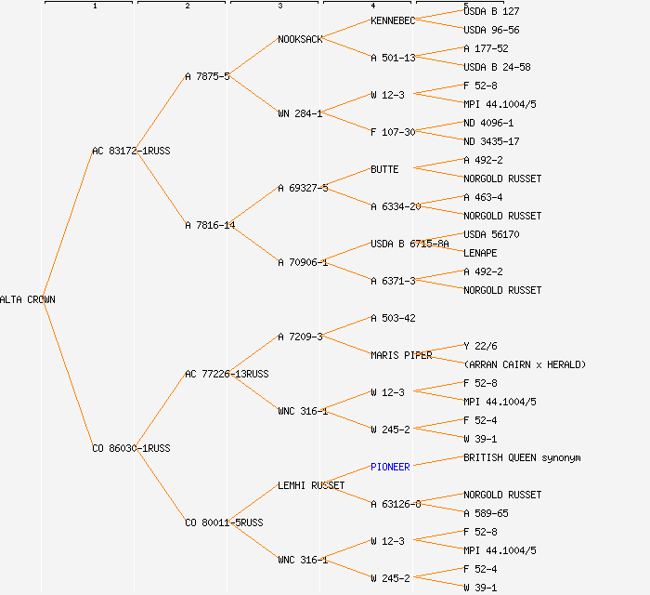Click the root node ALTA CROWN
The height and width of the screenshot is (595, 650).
(28, 299)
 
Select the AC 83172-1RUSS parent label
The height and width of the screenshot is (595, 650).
(131, 151)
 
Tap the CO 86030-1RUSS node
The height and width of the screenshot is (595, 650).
(131, 448)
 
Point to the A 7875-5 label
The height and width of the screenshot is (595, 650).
(208, 76)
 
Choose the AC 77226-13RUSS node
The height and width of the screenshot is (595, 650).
(227, 374)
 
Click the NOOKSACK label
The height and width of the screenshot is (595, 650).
(300, 39)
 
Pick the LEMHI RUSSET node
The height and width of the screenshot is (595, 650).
(311, 485)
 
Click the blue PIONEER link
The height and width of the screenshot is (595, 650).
(390, 467)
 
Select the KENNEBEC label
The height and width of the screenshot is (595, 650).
(393, 20)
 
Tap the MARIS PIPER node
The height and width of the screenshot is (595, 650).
(401, 355)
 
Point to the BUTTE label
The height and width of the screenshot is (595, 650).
(384, 169)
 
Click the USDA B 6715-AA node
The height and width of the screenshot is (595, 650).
(409, 244)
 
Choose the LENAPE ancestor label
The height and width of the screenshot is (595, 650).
(480, 253)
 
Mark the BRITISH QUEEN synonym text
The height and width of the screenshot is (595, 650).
(522, 457)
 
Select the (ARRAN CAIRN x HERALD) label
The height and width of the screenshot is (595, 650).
(525, 364)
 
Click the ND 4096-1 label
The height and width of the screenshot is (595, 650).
(488, 123)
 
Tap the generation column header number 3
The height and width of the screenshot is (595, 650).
(279, 7)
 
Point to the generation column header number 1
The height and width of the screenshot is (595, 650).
(94, 7)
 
